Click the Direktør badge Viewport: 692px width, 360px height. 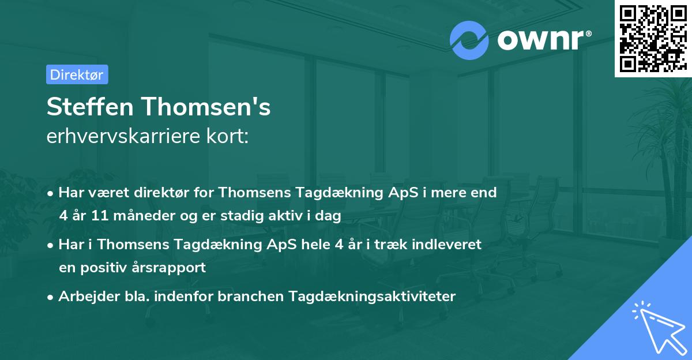(x=77, y=74)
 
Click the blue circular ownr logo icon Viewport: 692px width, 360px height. (x=469, y=39)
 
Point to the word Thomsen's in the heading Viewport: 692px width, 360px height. (x=206, y=107)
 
